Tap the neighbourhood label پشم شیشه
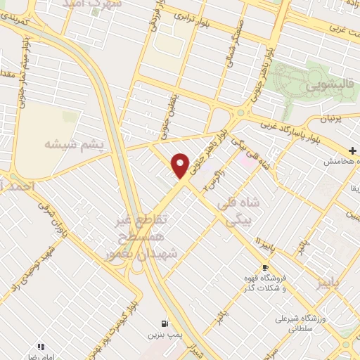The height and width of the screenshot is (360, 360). pos(74,144)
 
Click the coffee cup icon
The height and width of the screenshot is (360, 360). pos(265,267)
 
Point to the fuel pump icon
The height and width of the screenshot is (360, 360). pos(163,324)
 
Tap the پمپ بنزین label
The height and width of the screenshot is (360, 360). pos(162,335)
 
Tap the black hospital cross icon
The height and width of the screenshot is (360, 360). pos(354,150)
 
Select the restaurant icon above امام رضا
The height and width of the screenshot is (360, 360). pos(41,346)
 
